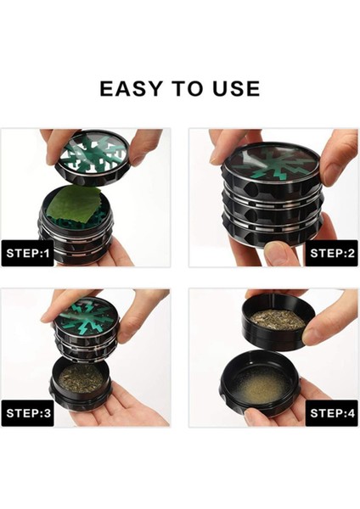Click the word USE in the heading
(237, 88)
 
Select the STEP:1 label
(28, 253)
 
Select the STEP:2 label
(332, 253)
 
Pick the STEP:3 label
(28, 413)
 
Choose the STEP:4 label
(332, 413)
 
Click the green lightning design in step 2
(272, 165)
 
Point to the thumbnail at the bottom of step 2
(277, 252)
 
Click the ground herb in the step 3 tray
(82, 378)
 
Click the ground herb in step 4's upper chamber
(278, 319)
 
